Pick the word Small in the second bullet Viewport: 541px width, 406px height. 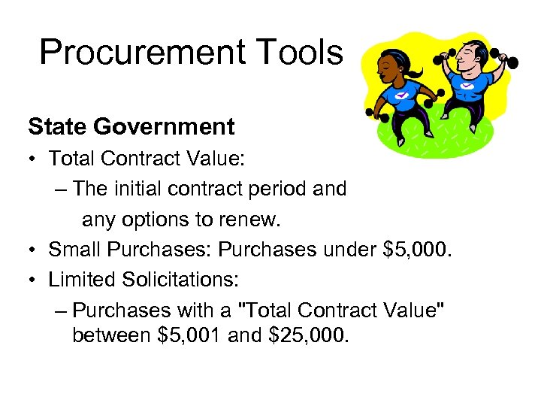click(75, 250)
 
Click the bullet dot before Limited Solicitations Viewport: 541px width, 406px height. click(34, 280)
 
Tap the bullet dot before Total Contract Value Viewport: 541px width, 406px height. click(34, 159)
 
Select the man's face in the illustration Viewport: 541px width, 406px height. click(470, 55)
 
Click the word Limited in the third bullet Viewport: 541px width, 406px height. click(81, 280)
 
